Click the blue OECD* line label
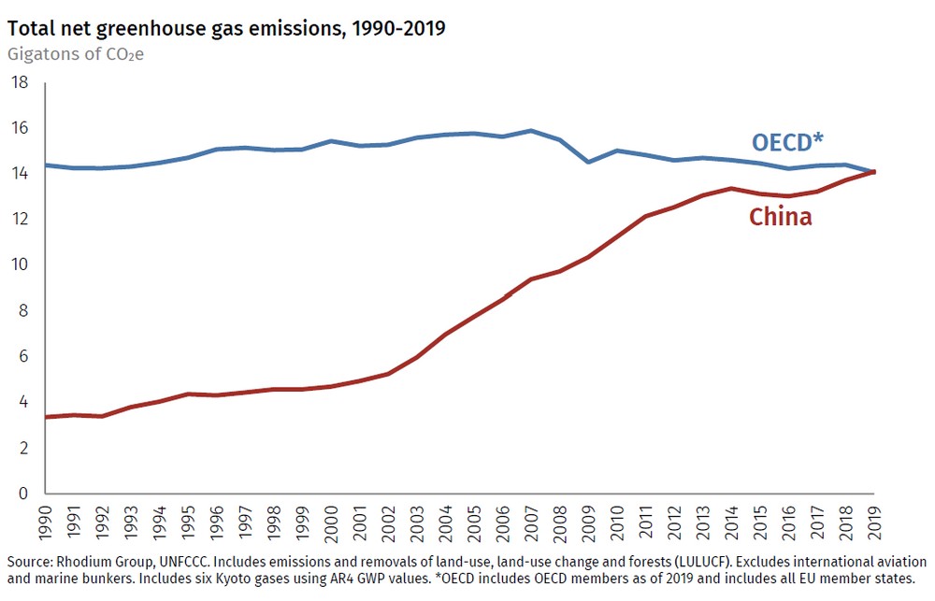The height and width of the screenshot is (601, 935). click(x=787, y=142)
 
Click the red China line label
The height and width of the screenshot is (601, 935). click(x=780, y=217)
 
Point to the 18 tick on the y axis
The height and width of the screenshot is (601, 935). click(x=20, y=83)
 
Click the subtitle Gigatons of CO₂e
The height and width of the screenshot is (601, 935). click(x=76, y=52)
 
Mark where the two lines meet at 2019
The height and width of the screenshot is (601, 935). click(x=874, y=172)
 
